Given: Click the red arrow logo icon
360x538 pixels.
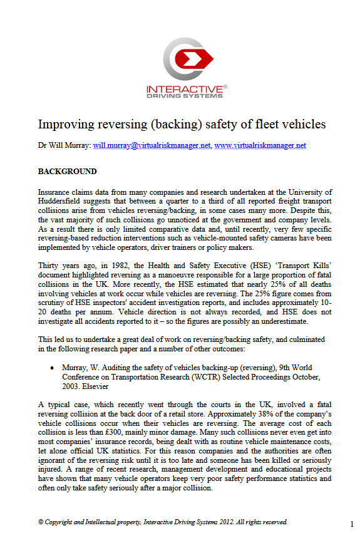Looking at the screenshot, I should point(188,59).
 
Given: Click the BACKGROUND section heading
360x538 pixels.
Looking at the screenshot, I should point(68,172).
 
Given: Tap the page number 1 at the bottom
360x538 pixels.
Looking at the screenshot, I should point(352,522).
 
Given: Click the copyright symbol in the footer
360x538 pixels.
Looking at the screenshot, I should point(41,522).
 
